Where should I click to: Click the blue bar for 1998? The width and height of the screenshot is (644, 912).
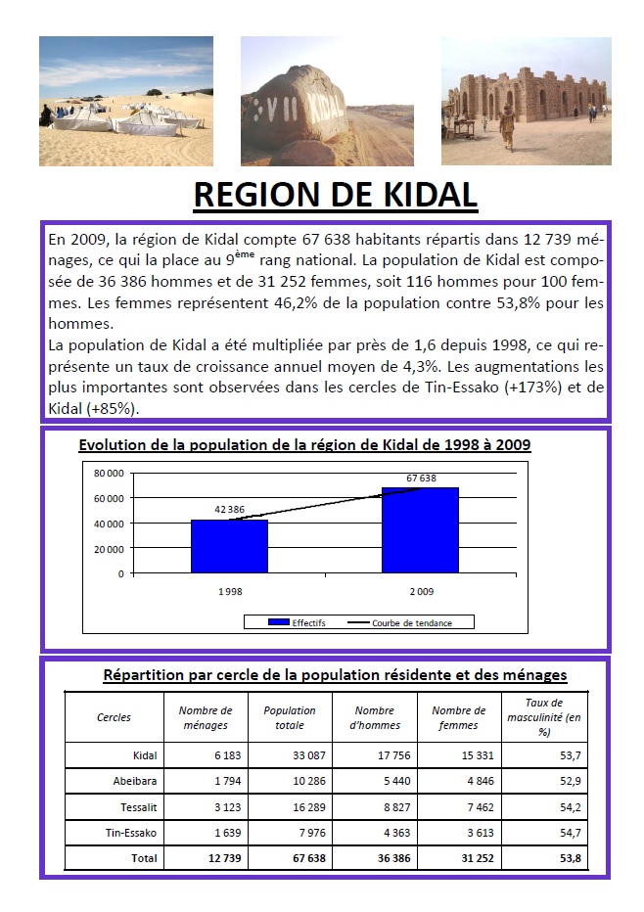point(229,546)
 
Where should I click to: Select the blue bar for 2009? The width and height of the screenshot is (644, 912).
point(420,529)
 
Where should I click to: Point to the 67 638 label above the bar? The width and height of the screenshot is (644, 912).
point(421,479)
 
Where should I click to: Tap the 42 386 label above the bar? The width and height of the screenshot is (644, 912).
point(229,510)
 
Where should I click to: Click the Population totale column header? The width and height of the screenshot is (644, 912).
point(290,717)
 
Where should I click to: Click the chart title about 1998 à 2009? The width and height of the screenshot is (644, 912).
point(304,445)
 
